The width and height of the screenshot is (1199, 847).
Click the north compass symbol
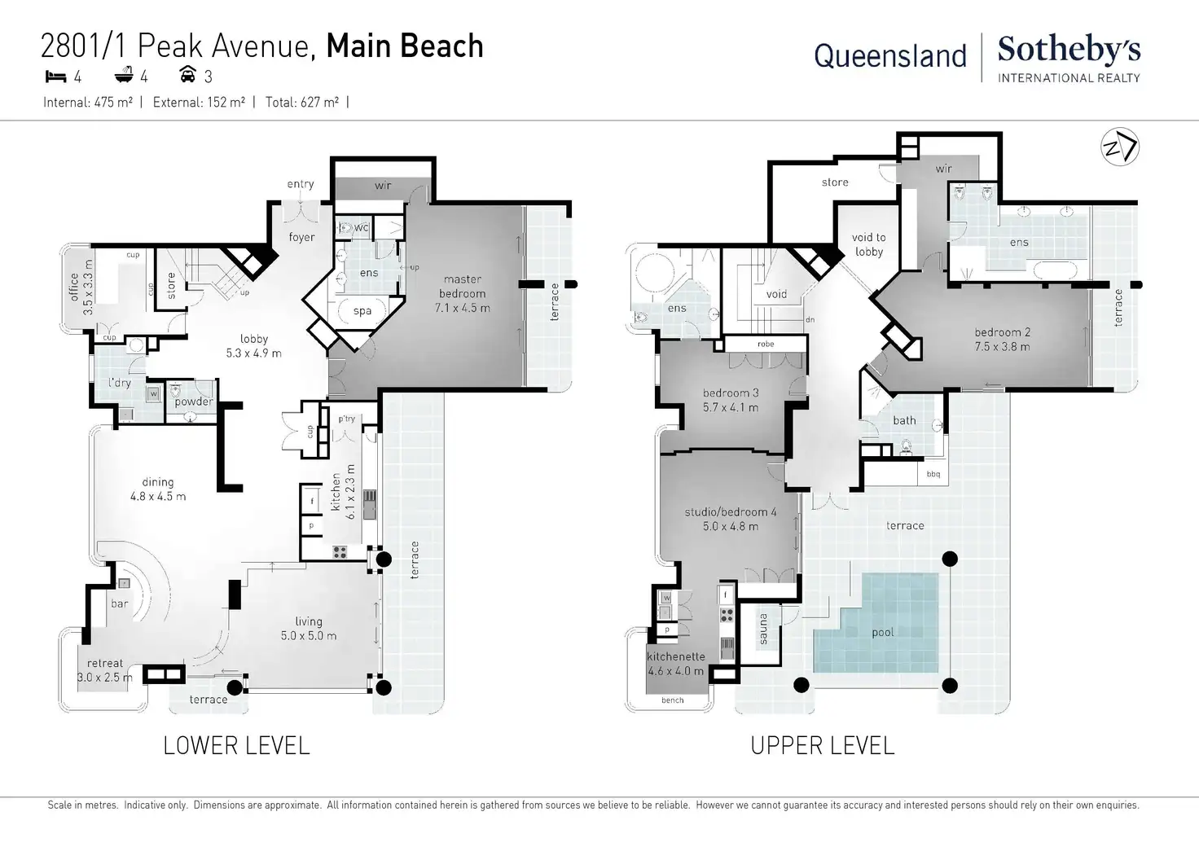(x=1120, y=147)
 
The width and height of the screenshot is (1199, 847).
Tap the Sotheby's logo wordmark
(x=1069, y=50)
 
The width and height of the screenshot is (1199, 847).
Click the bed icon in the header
(x=55, y=77)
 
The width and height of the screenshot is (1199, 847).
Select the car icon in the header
(x=187, y=75)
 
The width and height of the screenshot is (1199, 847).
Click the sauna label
(x=764, y=629)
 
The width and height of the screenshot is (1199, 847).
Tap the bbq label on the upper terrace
(x=933, y=474)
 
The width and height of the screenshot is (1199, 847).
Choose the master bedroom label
(x=463, y=286)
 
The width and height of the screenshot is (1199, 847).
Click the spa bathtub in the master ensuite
(x=362, y=310)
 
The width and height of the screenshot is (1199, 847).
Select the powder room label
(x=194, y=402)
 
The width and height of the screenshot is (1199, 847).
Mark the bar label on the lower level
(x=120, y=603)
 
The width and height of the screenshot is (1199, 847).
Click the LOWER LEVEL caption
(x=236, y=745)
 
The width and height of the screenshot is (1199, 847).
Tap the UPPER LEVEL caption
(x=822, y=745)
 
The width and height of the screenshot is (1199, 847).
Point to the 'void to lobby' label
(x=869, y=244)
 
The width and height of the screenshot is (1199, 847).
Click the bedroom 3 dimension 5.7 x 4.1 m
(x=731, y=407)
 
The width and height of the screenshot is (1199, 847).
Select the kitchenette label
(x=676, y=656)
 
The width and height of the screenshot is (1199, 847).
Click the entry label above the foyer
(x=301, y=184)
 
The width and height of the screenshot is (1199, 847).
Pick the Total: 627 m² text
(x=302, y=102)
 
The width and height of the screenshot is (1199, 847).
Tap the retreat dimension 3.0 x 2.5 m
(x=105, y=678)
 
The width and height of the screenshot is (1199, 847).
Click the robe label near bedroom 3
(x=766, y=344)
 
